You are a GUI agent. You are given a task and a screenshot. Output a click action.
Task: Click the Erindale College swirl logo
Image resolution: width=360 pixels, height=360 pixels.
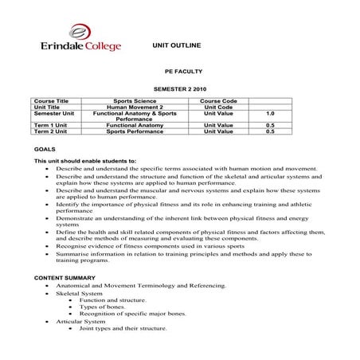[x=80, y=32]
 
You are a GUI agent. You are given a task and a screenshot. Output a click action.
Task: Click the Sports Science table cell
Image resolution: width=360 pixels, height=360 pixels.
[x=134, y=102]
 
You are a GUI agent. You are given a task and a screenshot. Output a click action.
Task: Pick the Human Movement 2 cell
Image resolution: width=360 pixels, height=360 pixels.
[x=134, y=108]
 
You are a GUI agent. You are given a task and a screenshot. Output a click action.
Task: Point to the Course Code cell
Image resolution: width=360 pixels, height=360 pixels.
[x=218, y=102]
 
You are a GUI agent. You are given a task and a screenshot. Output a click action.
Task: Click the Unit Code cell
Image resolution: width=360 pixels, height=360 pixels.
[x=218, y=108]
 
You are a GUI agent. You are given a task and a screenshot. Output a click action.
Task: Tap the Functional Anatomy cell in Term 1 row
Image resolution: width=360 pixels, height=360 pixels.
[x=134, y=125]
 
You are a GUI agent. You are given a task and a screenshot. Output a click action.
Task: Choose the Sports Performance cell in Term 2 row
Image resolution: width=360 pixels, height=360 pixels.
[x=134, y=131]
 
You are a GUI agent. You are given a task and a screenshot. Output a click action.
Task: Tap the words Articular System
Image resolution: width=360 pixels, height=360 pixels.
[x=77, y=321]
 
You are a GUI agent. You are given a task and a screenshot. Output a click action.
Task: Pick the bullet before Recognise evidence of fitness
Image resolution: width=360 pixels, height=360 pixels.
[x=49, y=247]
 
